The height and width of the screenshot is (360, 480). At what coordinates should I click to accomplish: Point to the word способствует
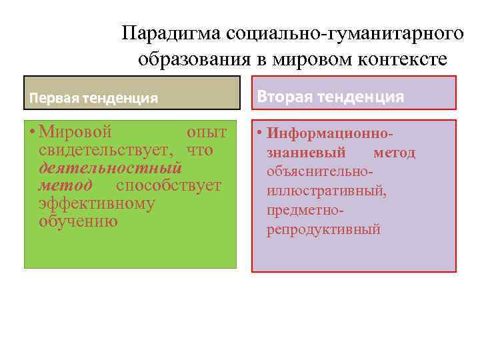pyautogui.click(x=169, y=185)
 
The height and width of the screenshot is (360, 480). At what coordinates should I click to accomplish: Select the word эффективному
pyautogui.click(x=97, y=203)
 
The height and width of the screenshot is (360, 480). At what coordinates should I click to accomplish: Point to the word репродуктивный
pyautogui.click(x=323, y=230)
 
